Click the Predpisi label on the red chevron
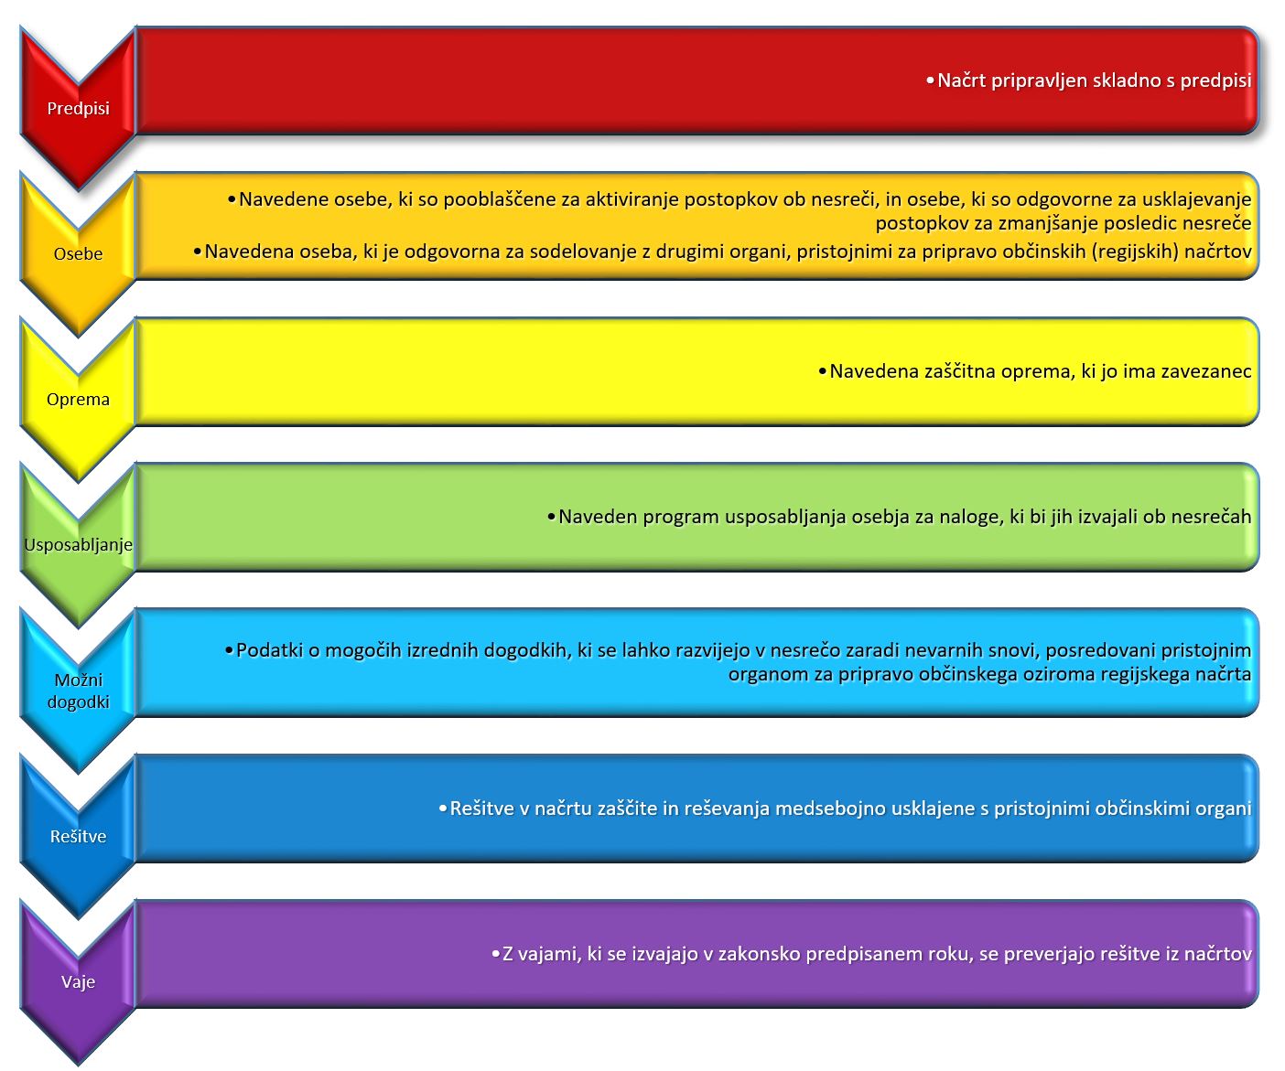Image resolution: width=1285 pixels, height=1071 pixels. [x=78, y=108]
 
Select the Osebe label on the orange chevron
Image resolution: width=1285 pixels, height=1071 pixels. [x=78, y=253]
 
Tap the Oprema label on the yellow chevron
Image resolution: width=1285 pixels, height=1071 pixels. [x=78, y=400]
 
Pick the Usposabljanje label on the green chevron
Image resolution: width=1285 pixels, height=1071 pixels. [x=78, y=545]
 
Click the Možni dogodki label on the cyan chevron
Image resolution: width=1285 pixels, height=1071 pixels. [x=78, y=691]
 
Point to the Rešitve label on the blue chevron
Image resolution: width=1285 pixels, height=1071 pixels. [x=78, y=836]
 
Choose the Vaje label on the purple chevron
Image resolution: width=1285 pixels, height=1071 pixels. [x=78, y=981]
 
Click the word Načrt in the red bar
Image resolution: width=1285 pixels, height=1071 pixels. [x=961, y=80]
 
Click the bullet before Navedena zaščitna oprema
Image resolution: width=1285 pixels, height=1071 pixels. [x=822, y=371]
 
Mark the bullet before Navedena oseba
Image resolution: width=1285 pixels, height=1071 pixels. [x=197, y=252]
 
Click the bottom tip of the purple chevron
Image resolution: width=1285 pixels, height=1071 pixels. [x=78, y=1065]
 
